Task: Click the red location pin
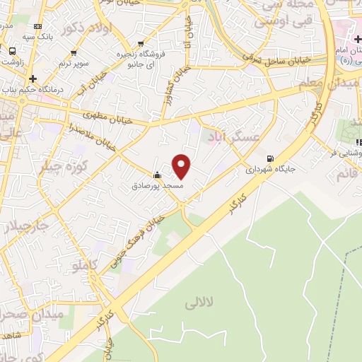coord(182,166)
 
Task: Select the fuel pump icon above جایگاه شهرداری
coord(269,158)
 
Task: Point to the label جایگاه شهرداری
coord(269,170)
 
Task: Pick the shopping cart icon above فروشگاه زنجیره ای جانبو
coord(141,43)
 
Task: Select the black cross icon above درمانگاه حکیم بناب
coord(33,77)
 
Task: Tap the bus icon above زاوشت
coord(12,51)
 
